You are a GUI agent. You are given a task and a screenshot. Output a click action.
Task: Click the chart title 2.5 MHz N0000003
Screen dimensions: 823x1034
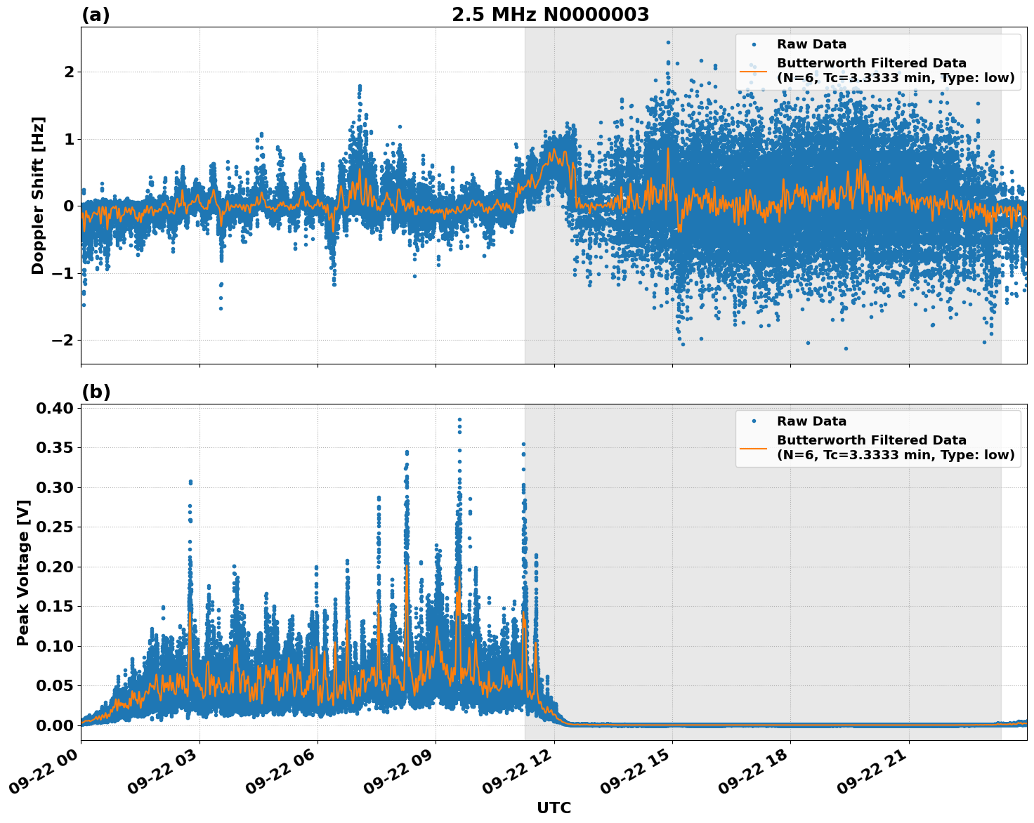tap(550, 15)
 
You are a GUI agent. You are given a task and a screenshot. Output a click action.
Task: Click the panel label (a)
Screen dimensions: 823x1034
tap(96, 15)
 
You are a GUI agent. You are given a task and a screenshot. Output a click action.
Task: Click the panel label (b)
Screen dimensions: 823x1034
tap(96, 392)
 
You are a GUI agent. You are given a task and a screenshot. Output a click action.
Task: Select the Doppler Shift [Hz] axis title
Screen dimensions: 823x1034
tap(38, 195)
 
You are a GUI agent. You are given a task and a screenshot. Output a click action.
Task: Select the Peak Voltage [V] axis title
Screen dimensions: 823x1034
tap(23, 572)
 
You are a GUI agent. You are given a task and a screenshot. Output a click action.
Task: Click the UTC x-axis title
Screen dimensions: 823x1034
tap(554, 808)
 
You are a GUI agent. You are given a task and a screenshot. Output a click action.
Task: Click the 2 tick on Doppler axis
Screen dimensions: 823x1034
tap(69, 72)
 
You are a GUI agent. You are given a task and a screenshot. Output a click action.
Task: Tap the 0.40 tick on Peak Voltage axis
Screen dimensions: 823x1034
tap(55, 408)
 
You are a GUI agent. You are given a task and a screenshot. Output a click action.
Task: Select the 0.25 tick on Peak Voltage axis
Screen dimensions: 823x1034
tap(55, 527)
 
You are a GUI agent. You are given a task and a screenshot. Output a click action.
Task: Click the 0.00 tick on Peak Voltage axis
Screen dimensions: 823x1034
tap(55, 725)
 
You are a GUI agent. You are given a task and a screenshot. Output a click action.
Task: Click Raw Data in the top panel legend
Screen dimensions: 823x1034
tap(811, 44)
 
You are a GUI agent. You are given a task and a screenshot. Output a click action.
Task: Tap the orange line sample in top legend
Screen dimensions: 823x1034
tap(753, 70)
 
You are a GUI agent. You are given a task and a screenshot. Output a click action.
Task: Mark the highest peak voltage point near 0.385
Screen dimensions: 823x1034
tap(459, 419)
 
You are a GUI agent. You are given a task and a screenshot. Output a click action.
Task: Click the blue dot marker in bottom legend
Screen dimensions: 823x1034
tap(753, 421)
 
